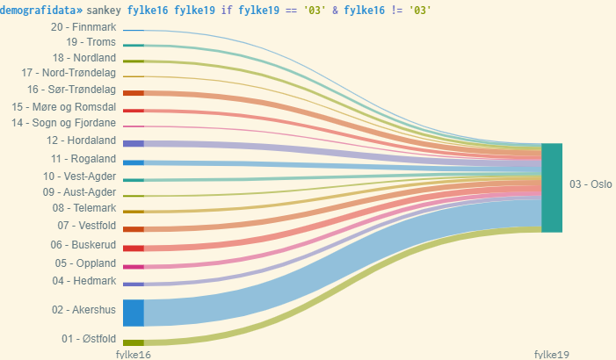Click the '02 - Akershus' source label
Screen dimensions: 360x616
pos(84,310)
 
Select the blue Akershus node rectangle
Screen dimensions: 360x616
pos(134,313)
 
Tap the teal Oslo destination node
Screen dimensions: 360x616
pos(552,188)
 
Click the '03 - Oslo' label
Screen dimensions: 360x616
pos(591,184)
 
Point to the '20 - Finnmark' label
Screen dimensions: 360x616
pos(83,28)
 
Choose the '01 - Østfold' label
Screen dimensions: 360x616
pos(88,339)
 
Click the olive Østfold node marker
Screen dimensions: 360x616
pos(134,342)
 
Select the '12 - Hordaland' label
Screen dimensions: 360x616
pos(83,140)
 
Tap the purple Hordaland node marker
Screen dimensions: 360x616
pos(134,143)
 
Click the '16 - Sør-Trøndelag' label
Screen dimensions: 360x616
pos(71,90)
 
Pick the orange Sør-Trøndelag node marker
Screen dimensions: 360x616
pos(134,93)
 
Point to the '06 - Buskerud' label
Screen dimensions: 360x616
pos(83,245)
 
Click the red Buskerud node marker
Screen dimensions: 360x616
pos(134,248)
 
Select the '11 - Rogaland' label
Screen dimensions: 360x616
pos(83,159)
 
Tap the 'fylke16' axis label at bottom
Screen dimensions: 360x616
pos(134,354)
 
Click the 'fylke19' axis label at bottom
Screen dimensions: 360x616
pos(552,354)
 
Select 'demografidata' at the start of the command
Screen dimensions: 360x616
pos(39,10)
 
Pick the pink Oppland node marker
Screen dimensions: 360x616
pos(134,267)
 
